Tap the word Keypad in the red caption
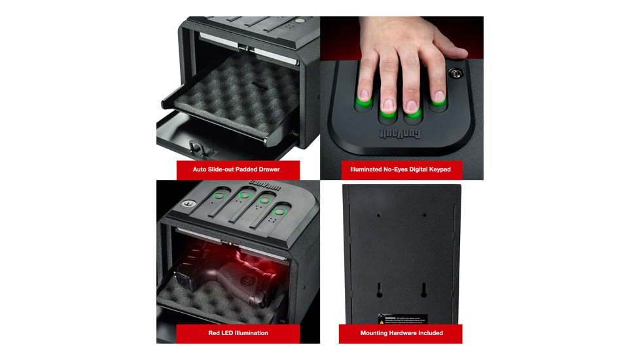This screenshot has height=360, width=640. [x=432, y=170]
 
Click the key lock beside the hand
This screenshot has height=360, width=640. [x=453, y=73]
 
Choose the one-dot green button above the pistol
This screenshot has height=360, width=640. [x=221, y=195]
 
